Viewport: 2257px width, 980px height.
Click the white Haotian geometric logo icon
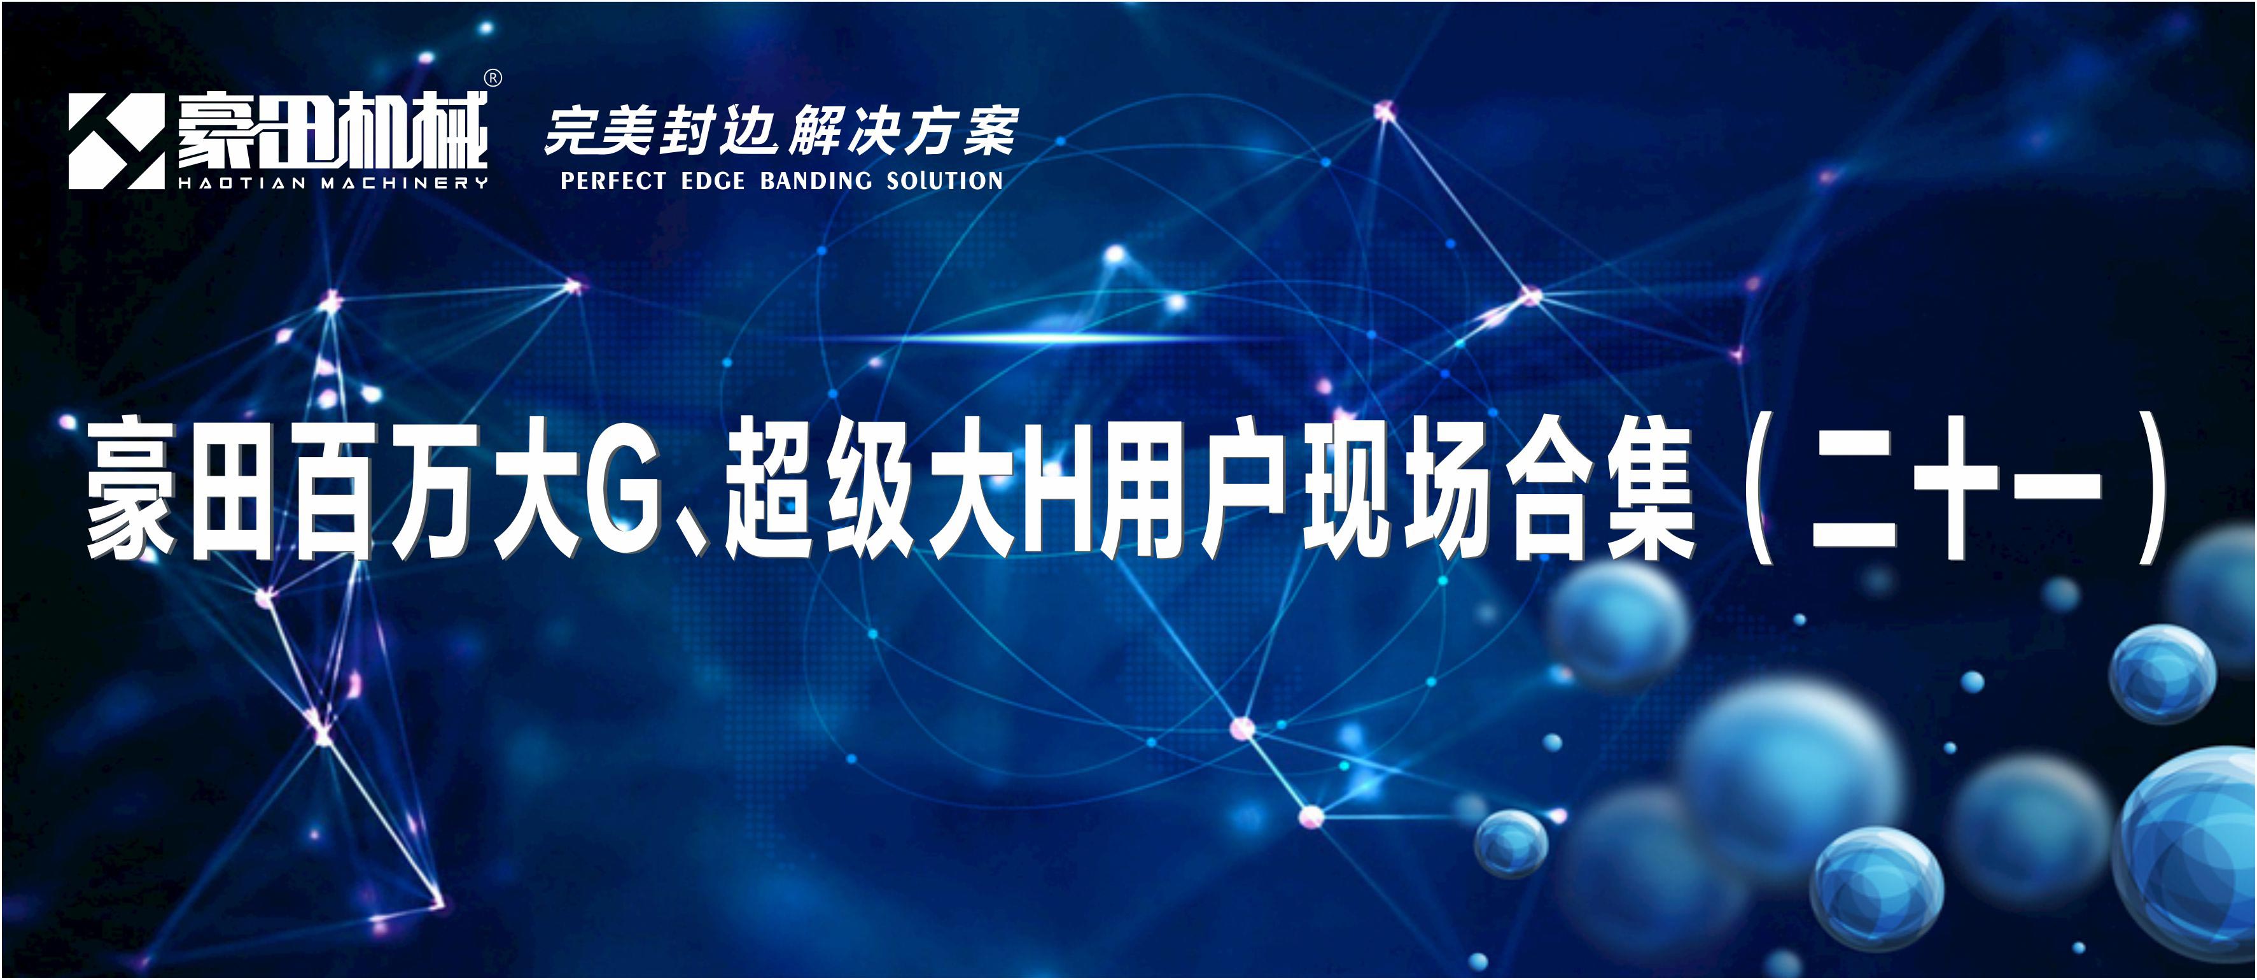tap(116, 141)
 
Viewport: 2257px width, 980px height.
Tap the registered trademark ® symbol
tap(493, 79)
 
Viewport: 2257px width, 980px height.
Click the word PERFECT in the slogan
tap(613, 181)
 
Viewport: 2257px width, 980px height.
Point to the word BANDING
tap(816, 181)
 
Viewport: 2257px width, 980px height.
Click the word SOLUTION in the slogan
tap(944, 181)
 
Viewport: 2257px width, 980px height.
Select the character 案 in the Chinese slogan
tap(991, 131)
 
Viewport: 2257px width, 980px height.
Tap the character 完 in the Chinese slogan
tap(573, 131)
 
